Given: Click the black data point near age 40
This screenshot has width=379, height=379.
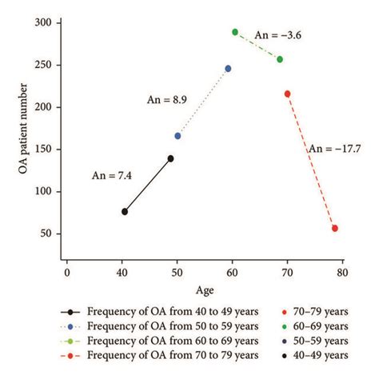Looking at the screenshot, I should (125, 211).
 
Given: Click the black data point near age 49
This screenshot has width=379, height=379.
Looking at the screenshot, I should (170, 158).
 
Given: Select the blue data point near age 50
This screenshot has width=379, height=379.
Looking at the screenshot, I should (178, 136).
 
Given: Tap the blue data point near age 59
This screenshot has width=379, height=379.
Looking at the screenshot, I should (228, 69).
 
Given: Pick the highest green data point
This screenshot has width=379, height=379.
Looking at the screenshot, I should (235, 32).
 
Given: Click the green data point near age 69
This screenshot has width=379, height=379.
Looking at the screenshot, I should (280, 59).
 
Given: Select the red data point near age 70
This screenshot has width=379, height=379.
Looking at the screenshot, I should (288, 94).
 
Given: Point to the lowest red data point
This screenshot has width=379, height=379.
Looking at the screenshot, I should (335, 229).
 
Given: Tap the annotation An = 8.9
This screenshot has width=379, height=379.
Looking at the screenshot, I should (167, 100).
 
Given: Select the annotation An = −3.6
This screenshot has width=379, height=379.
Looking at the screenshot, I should (277, 34).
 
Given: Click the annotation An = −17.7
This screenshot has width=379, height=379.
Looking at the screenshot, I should (334, 148).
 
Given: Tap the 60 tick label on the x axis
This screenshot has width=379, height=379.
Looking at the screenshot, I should (233, 273).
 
